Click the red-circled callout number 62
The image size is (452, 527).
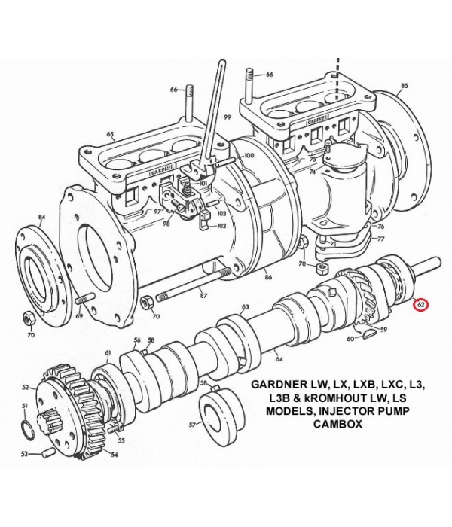[422, 305]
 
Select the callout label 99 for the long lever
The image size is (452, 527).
[227, 117]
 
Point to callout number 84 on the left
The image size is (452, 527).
[42, 218]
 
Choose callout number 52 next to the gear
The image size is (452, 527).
[25, 388]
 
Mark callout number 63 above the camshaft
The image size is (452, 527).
[245, 307]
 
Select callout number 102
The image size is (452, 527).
[221, 225]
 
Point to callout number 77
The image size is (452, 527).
[380, 239]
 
